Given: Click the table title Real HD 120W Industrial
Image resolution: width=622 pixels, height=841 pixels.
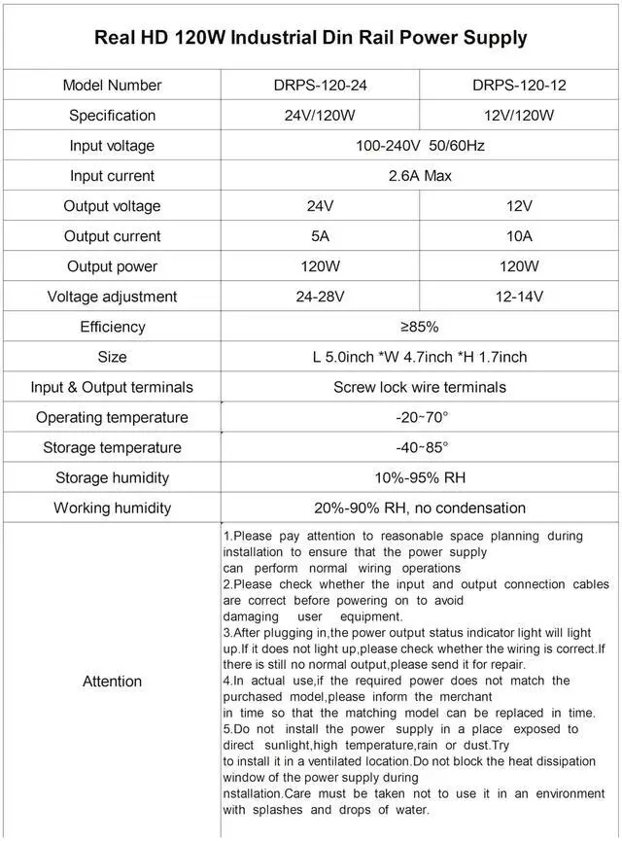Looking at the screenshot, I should point(311,38).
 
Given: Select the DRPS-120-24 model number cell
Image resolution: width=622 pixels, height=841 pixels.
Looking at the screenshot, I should point(321,85).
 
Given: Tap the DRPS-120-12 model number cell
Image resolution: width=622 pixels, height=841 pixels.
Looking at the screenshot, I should point(519,85).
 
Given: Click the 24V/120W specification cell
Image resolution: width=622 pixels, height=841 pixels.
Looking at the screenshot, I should point(321,115).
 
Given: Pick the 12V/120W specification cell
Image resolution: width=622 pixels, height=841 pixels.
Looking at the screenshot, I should point(519,115).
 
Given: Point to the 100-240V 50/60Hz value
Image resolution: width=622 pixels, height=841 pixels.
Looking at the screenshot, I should point(420,146).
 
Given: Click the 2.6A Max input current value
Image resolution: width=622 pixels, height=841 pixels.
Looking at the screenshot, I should point(420,176).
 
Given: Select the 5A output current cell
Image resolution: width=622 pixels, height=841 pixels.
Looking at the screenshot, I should point(321,236).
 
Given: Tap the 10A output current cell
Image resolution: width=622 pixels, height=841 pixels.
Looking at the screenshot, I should point(519,236).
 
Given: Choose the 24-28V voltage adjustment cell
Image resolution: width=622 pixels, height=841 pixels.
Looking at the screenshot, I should point(321,297).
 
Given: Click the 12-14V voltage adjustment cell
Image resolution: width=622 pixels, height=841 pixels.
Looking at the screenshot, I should point(519,297).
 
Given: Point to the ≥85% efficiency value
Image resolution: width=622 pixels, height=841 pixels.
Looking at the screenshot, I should point(420,327).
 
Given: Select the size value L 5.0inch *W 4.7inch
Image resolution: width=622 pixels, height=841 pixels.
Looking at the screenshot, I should point(420,357).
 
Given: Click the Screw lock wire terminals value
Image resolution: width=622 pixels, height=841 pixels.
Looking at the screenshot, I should point(420,387).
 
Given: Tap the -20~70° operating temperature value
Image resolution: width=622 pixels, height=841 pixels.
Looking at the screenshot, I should point(420,417).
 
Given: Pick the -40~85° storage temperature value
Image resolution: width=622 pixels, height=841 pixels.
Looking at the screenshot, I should point(420,447).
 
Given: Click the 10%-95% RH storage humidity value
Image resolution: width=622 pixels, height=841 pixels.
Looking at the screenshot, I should point(420,477).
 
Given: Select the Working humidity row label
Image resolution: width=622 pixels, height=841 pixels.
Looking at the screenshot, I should point(112,508).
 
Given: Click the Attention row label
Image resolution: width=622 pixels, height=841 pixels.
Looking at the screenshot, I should point(112,681).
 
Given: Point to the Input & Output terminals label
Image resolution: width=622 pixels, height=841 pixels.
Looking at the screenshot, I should point(112,387).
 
